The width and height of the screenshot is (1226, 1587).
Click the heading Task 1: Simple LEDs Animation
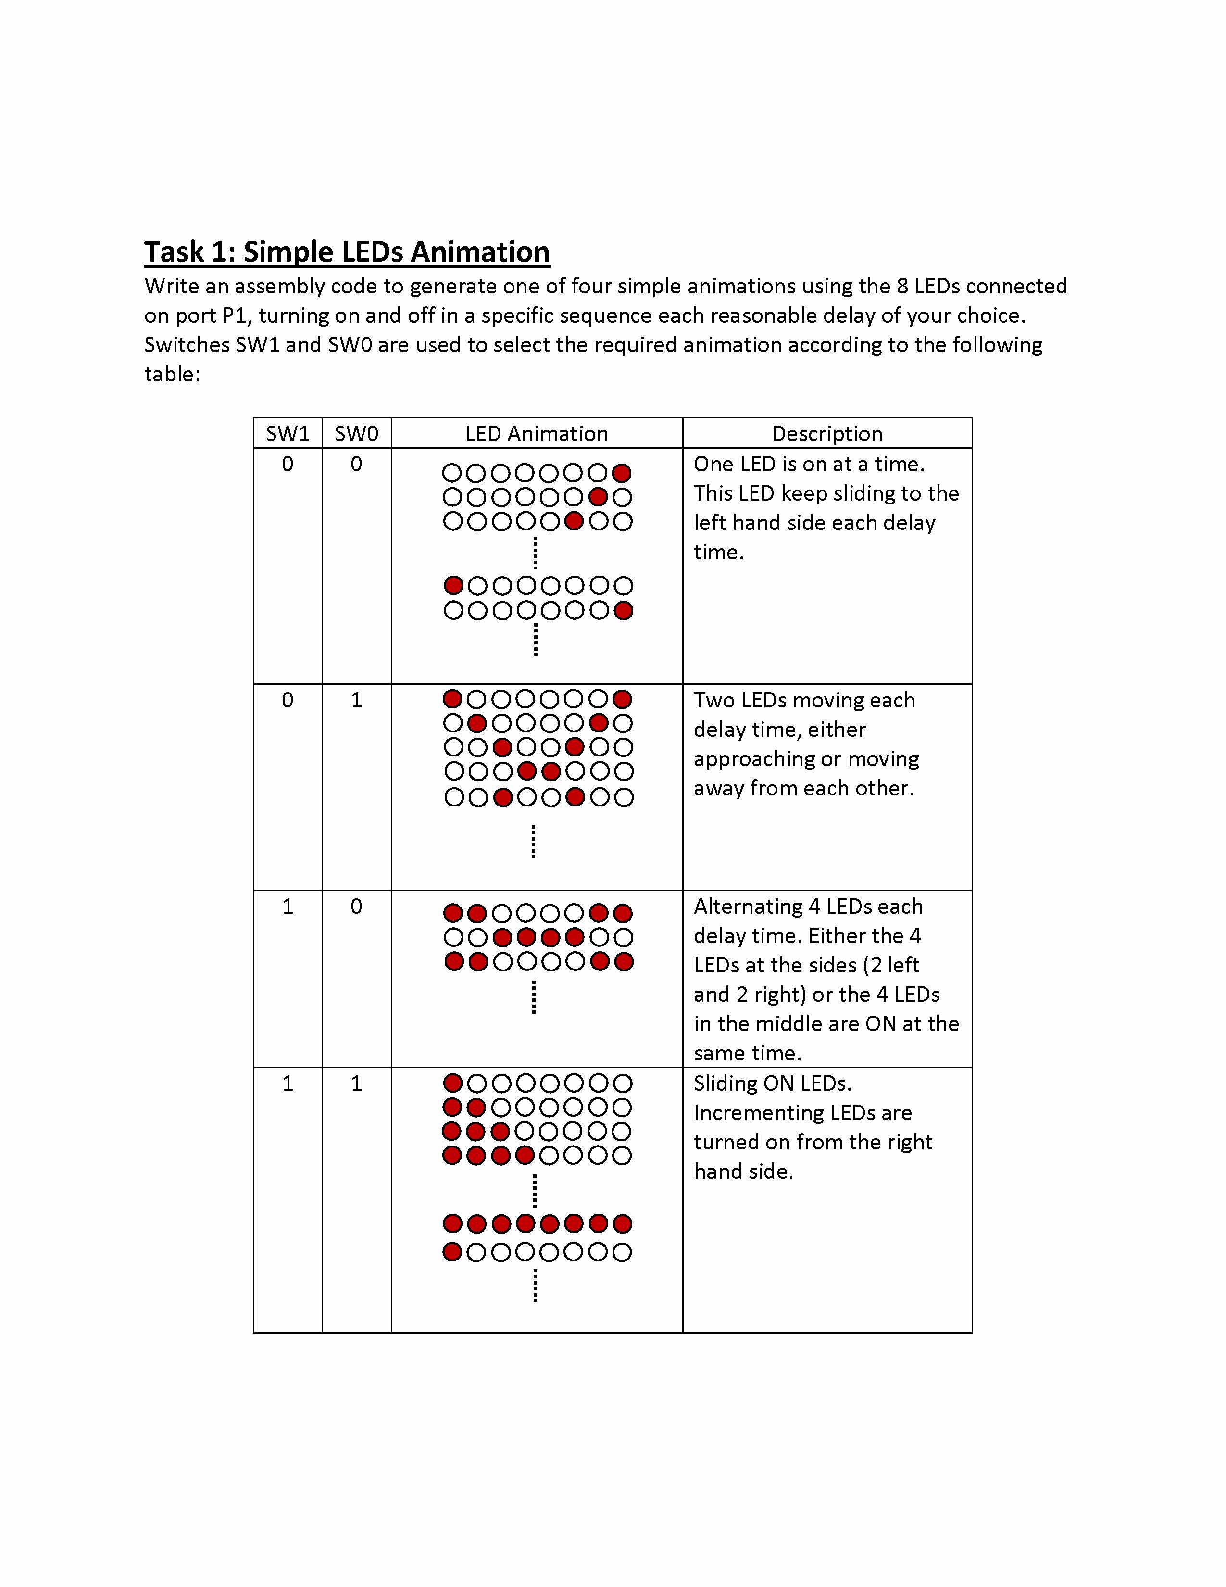347,252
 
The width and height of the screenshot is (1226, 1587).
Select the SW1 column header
288,434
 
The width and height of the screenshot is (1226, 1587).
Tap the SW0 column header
356,434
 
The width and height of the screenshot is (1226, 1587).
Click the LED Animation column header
536,434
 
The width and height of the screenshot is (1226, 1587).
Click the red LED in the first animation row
622,474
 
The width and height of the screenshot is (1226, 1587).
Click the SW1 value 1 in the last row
288,1084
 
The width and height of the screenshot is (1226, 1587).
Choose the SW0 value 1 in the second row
356,701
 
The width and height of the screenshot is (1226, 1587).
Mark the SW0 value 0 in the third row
356,907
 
